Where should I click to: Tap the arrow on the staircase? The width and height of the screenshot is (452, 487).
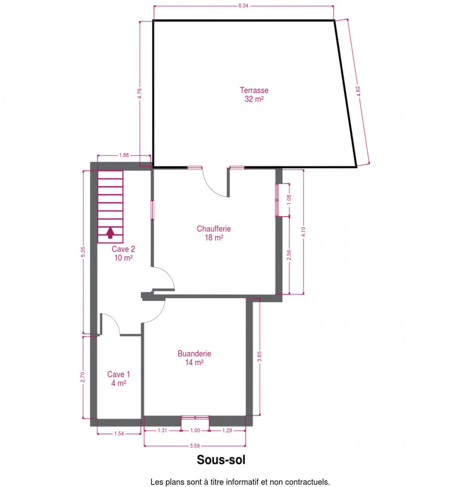click(x=110, y=233)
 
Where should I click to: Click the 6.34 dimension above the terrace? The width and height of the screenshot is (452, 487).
click(x=243, y=6)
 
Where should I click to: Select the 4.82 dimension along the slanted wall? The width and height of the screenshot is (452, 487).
click(x=358, y=91)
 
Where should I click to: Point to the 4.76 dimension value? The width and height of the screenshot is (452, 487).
click(x=139, y=93)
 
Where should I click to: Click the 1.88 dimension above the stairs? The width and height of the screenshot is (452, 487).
click(x=124, y=155)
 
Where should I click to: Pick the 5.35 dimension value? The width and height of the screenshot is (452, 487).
click(x=83, y=252)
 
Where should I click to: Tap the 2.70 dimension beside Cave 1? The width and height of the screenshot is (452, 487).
click(x=83, y=377)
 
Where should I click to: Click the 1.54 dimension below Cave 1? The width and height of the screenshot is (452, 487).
click(x=119, y=433)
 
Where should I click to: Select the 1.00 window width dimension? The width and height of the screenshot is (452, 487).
click(x=195, y=430)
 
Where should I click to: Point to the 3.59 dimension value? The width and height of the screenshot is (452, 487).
click(x=195, y=446)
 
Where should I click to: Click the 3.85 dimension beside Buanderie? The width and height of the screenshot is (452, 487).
click(x=260, y=356)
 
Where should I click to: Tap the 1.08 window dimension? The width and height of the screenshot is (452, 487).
click(x=289, y=200)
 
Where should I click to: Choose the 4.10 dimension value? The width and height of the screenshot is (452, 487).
click(x=303, y=232)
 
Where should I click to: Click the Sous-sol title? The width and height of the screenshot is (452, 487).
click(x=221, y=460)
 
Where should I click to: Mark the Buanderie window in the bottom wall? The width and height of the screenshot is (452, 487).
click(x=195, y=417)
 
